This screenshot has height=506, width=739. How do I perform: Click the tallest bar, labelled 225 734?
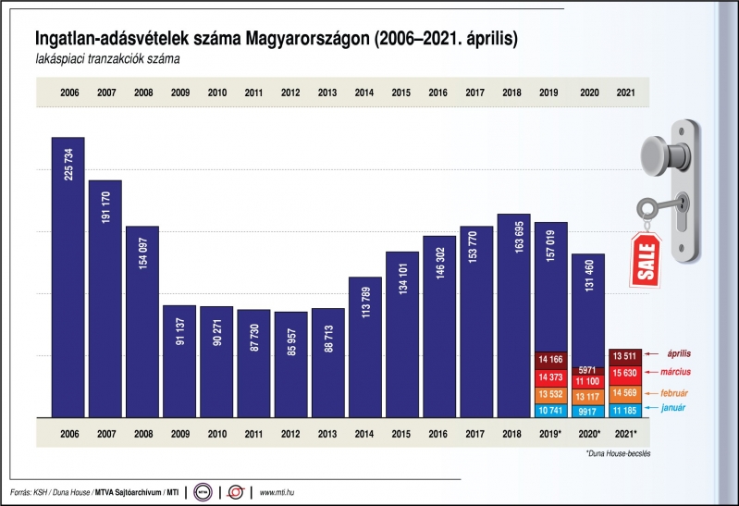pos(68,278)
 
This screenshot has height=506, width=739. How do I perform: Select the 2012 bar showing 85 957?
pos(291,364)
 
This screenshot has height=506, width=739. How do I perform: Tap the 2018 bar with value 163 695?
pos(514,316)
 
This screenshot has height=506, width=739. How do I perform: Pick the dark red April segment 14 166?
pos(551,360)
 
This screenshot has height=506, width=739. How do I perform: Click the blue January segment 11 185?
pos(625,411)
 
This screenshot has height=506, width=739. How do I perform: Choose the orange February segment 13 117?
pos(588,397)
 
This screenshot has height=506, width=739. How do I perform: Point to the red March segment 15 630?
pos(625,374)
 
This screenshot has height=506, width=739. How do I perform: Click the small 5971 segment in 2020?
pos(588,371)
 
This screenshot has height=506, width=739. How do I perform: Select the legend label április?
pos(679,353)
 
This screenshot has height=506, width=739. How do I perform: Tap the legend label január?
pos(673,408)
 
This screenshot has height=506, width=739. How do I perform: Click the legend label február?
pos(674,393)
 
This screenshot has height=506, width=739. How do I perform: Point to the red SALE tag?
pos(647,260)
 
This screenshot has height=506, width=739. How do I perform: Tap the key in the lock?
pos(659,207)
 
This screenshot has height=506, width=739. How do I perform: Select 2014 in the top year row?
pos(364,93)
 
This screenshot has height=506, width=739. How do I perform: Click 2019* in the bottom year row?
pos(550,434)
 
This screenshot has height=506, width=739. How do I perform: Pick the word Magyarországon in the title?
pos(307,39)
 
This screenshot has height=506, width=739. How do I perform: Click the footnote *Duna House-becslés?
pos(619,453)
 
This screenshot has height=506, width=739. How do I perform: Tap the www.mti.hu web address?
pos(277,492)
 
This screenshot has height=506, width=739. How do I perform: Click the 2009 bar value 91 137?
pos(180,331)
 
